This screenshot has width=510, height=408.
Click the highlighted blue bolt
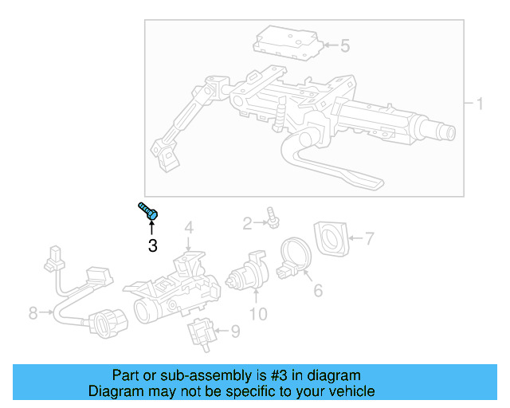149,211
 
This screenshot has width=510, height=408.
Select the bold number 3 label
152,245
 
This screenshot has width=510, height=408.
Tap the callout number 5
344,46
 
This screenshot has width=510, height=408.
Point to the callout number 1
480,104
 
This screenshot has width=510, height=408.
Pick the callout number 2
247,222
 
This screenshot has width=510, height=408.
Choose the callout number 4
189,229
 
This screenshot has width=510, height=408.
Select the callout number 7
368,237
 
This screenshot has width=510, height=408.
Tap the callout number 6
317,291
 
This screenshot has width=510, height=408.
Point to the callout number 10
258,314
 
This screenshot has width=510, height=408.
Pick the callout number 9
234,331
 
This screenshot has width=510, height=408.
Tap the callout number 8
33,313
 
